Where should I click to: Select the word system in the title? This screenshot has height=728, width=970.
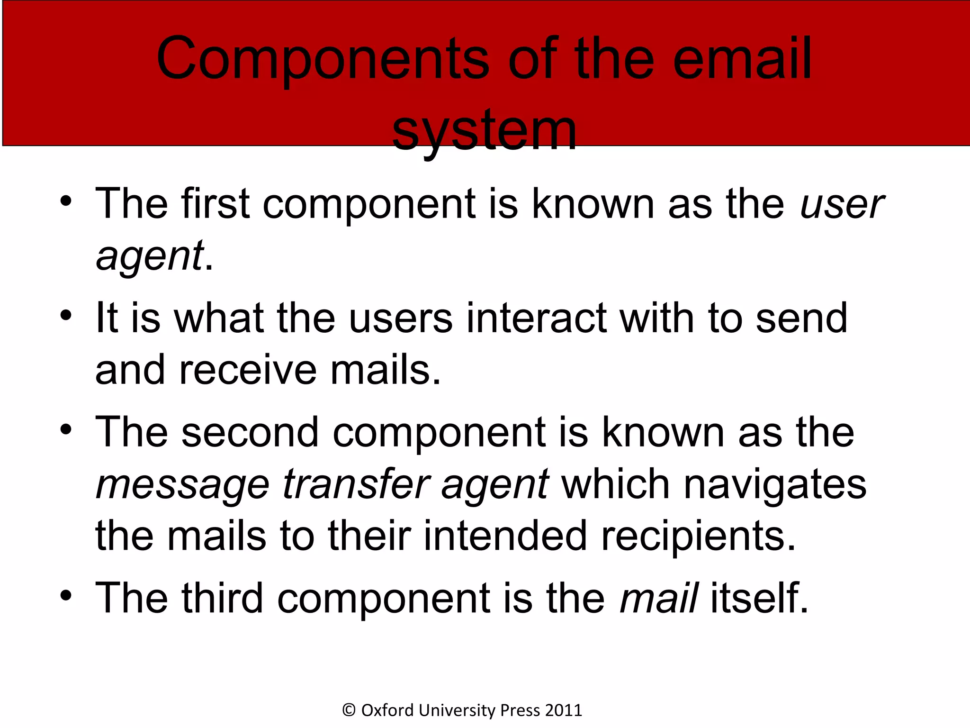coord(484,130)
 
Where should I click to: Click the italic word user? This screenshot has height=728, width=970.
coord(842,204)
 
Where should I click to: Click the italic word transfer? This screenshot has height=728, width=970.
coord(356,484)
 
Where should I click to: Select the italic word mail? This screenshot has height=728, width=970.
coord(658,598)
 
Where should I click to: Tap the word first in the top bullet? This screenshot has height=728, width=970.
coord(215,203)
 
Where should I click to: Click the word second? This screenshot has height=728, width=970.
coord(250,432)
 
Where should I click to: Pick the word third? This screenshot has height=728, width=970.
coord(222,598)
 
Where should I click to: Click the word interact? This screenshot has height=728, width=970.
coord(536,318)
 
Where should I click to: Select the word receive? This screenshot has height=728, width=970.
coord(248,370)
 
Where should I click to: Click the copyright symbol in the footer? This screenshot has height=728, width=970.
coord(349,710)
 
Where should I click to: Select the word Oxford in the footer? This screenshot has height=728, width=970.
coord(387,710)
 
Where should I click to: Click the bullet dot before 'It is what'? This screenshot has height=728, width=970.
coord(66,315)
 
